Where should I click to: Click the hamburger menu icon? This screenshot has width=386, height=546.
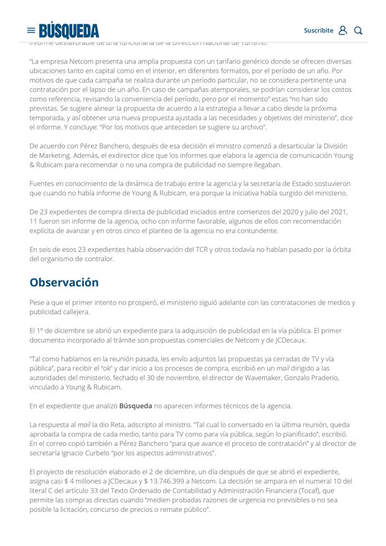click(31, 30)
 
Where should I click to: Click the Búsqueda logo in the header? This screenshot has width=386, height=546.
click(69, 30)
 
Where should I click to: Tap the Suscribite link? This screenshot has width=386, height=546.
click(318, 30)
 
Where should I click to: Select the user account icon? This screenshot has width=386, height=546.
click(342, 30)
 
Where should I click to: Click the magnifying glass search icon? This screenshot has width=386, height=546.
click(358, 30)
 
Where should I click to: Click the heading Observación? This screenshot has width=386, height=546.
click(64, 282)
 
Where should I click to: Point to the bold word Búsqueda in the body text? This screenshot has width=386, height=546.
click(136, 406)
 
